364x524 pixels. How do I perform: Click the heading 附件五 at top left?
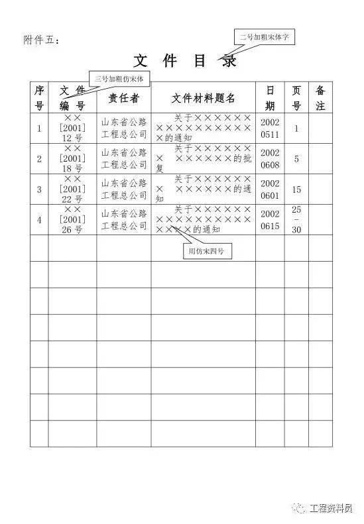click(x=41, y=41)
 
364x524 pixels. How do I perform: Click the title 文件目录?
click(x=185, y=62)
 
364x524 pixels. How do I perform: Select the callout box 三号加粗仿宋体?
click(x=122, y=79)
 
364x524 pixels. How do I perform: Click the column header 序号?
click(x=39, y=97)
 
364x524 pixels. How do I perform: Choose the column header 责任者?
click(x=123, y=98)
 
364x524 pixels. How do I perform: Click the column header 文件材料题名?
click(x=203, y=98)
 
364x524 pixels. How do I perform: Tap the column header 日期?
click(x=270, y=97)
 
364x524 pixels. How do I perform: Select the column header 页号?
click(x=296, y=97)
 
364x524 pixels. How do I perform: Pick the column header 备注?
click(x=320, y=97)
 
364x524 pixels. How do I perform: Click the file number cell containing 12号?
click(x=72, y=129)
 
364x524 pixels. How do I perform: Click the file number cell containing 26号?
click(x=72, y=220)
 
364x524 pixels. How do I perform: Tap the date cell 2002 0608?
click(x=270, y=159)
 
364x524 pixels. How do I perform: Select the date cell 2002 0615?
click(x=270, y=220)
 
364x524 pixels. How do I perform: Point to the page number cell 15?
click(x=296, y=190)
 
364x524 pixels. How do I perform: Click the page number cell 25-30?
click(x=296, y=220)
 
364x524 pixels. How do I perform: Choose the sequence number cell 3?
click(x=39, y=190)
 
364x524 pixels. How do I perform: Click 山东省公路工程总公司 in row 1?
click(x=123, y=129)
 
